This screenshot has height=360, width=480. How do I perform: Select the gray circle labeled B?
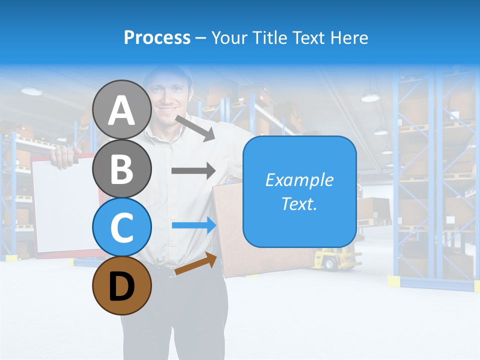(x=122, y=168)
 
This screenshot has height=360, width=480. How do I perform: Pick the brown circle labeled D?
(x=122, y=285)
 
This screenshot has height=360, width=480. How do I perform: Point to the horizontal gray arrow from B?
(x=193, y=170)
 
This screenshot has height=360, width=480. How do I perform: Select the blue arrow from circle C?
(x=194, y=225)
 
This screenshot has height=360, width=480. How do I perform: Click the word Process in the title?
(x=157, y=37)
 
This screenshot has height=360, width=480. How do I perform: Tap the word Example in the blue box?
(x=299, y=180)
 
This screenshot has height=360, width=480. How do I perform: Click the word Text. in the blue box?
(x=299, y=203)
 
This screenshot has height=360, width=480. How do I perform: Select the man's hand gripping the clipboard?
(x=63, y=156)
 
